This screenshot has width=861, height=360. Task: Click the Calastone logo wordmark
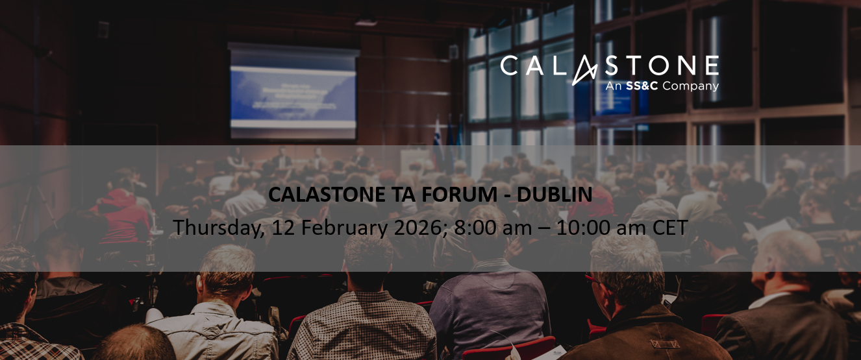click(x=609, y=66)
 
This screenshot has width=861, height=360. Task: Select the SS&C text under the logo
click(x=640, y=86)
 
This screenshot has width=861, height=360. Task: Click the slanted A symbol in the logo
click(x=584, y=69)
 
